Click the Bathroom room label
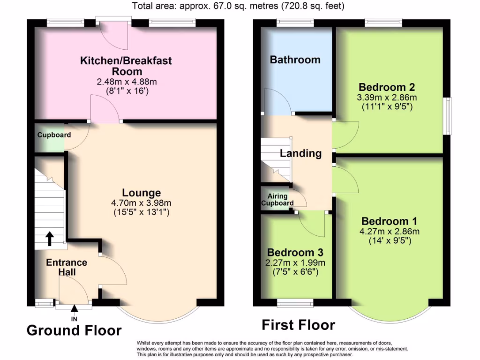tap(295, 60)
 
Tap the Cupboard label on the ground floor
tap(54, 135)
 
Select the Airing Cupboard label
tap(277, 200)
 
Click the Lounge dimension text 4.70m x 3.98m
tap(141, 203)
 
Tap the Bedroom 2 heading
tap(387, 87)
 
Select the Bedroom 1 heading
tap(390, 221)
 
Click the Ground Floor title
tap(74, 330)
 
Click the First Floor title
tap(298, 325)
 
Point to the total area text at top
tap(239, 6)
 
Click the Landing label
tap(300, 153)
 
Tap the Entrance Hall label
tap(66, 267)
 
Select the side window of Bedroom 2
tap(449, 116)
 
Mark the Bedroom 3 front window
tap(295, 303)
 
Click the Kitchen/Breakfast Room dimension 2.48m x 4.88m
tap(126, 82)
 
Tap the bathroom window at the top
tap(294, 21)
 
